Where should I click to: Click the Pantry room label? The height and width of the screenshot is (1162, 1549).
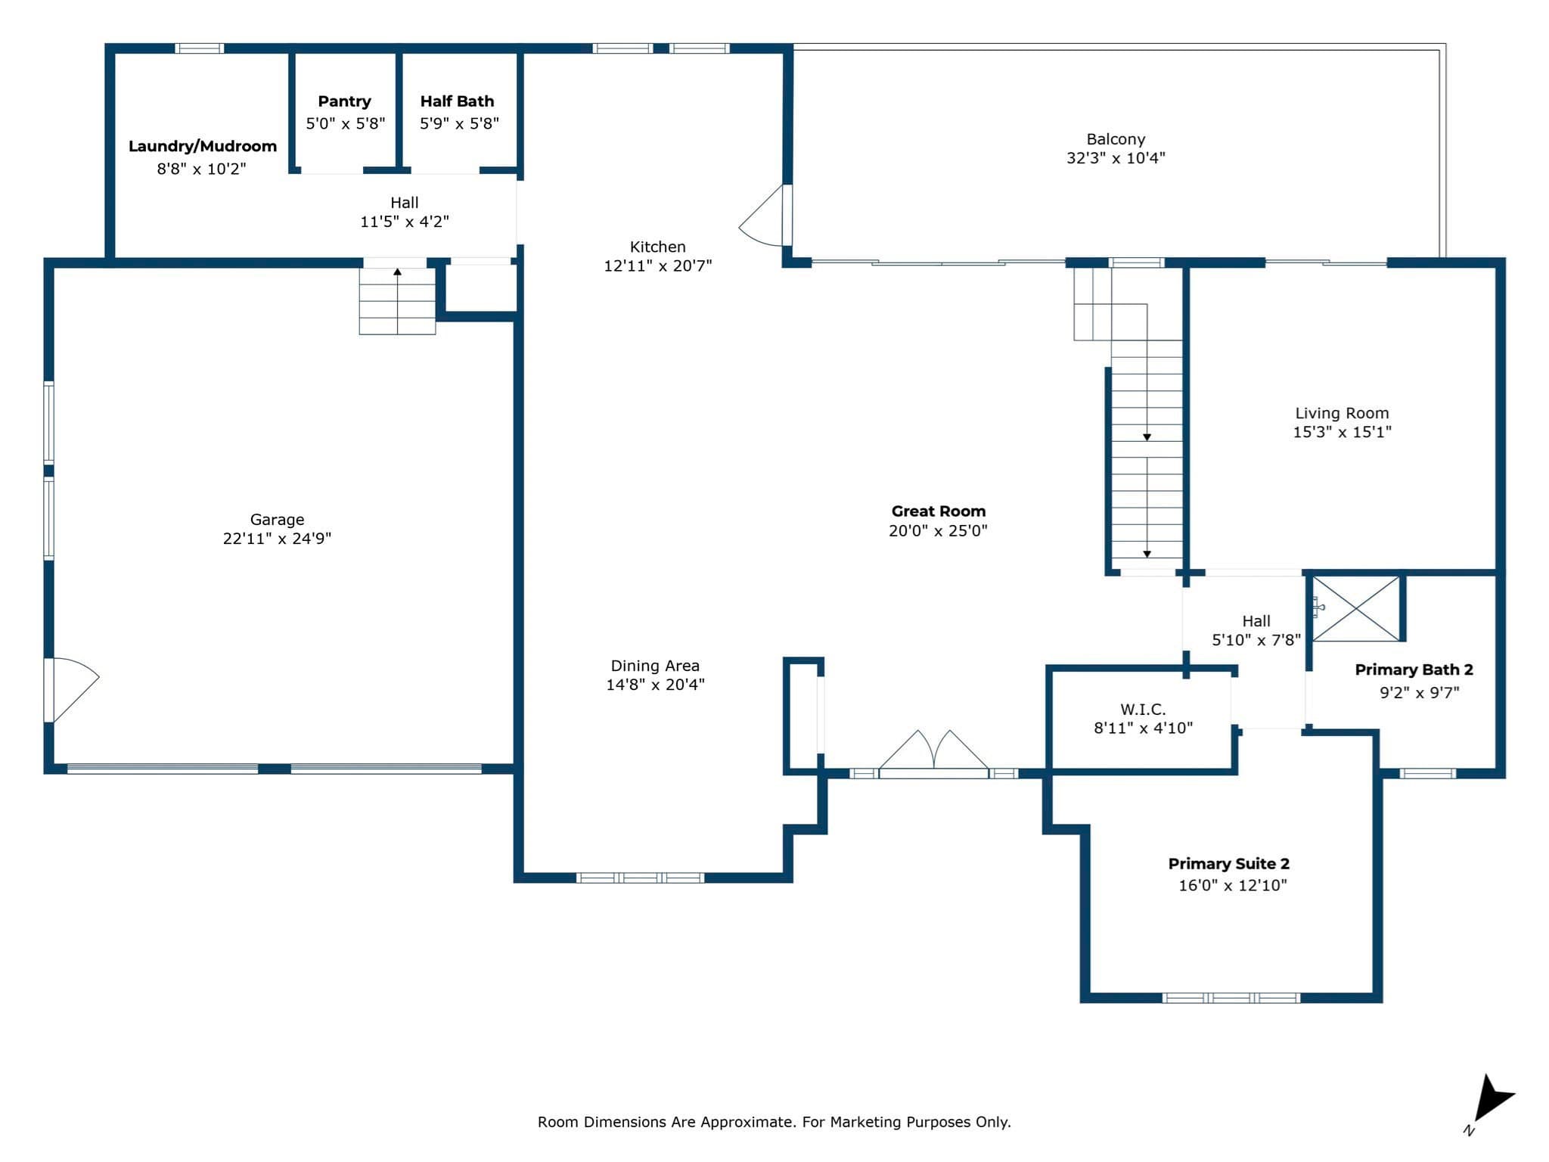point(344,101)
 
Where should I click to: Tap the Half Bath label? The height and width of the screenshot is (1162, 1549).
point(457,101)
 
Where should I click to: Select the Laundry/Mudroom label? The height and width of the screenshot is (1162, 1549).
point(203,146)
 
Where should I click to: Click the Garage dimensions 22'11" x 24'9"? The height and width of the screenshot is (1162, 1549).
point(277,539)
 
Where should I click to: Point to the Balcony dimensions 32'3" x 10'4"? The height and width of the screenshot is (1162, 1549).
point(1116,158)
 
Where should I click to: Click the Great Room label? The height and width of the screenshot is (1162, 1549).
point(939,511)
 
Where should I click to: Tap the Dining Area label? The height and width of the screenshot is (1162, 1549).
point(655,666)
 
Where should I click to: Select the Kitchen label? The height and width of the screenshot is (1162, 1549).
point(658,247)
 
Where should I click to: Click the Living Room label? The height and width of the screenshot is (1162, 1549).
point(1343,414)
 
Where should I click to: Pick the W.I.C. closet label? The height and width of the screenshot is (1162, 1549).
point(1143,710)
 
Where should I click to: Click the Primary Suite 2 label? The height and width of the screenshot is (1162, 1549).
point(1229,864)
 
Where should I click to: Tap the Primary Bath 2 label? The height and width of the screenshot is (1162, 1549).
point(1414,670)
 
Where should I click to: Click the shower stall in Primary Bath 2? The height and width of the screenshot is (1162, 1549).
point(1356,609)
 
